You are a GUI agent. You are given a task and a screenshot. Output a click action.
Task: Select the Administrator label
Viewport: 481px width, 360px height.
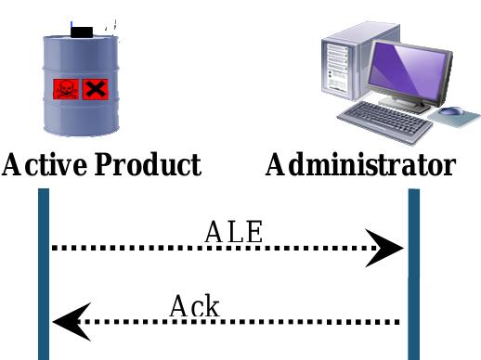[360, 165]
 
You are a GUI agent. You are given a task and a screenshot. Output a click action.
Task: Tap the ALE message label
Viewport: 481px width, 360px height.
[233, 231]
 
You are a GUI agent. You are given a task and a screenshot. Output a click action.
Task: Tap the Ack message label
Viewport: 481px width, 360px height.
[194, 305]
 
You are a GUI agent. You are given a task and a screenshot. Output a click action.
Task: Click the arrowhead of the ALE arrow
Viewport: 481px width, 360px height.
[385, 248]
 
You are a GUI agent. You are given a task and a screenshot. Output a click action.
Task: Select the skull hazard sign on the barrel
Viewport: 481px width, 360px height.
[66, 89]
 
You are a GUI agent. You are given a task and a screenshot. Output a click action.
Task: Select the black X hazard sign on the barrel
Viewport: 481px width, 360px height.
[95, 89]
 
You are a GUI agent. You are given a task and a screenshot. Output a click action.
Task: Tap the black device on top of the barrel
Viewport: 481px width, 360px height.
[83, 32]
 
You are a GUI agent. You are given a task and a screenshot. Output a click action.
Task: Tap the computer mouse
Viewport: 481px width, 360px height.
[452, 112]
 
